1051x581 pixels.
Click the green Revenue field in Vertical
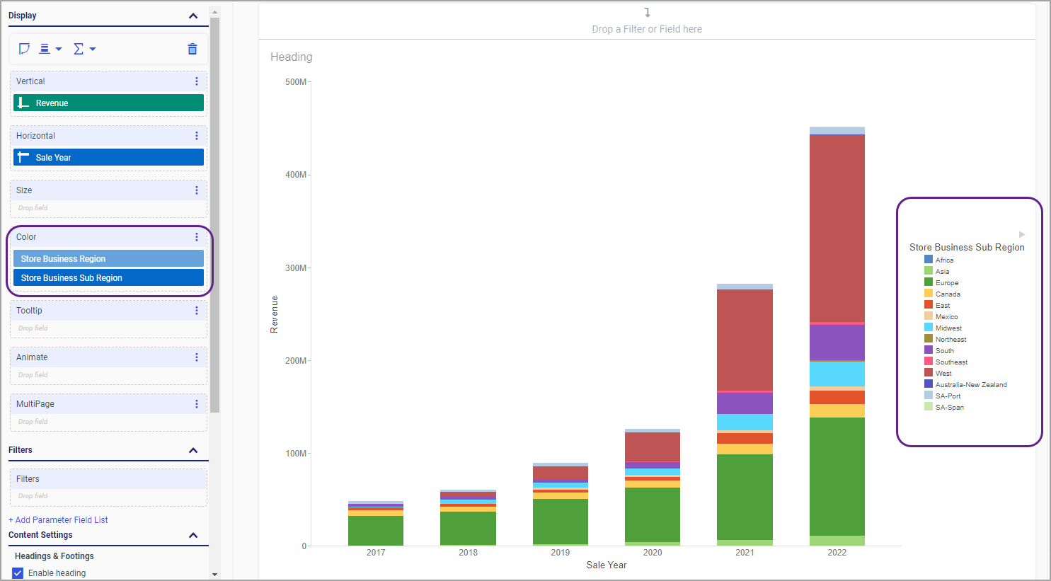coord(108,103)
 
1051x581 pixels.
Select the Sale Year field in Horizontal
coord(108,157)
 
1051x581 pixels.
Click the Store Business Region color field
coord(108,259)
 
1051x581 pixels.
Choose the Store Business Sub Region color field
coord(108,278)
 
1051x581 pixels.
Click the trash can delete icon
coord(193,49)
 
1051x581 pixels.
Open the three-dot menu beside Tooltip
coord(197,311)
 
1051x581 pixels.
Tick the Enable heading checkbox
coord(18,573)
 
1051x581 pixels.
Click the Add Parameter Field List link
coord(58,520)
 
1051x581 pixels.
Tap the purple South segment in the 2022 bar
coord(837,343)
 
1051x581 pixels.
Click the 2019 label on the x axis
coord(560,553)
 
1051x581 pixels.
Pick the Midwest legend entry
coord(948,328)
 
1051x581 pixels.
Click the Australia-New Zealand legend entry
coord(970,385)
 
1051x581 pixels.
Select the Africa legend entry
coord(943,260)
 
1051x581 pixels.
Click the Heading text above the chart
coord(291,57)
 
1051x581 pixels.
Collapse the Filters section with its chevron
coord(193,450)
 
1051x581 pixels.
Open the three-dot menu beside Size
coord(197,190)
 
